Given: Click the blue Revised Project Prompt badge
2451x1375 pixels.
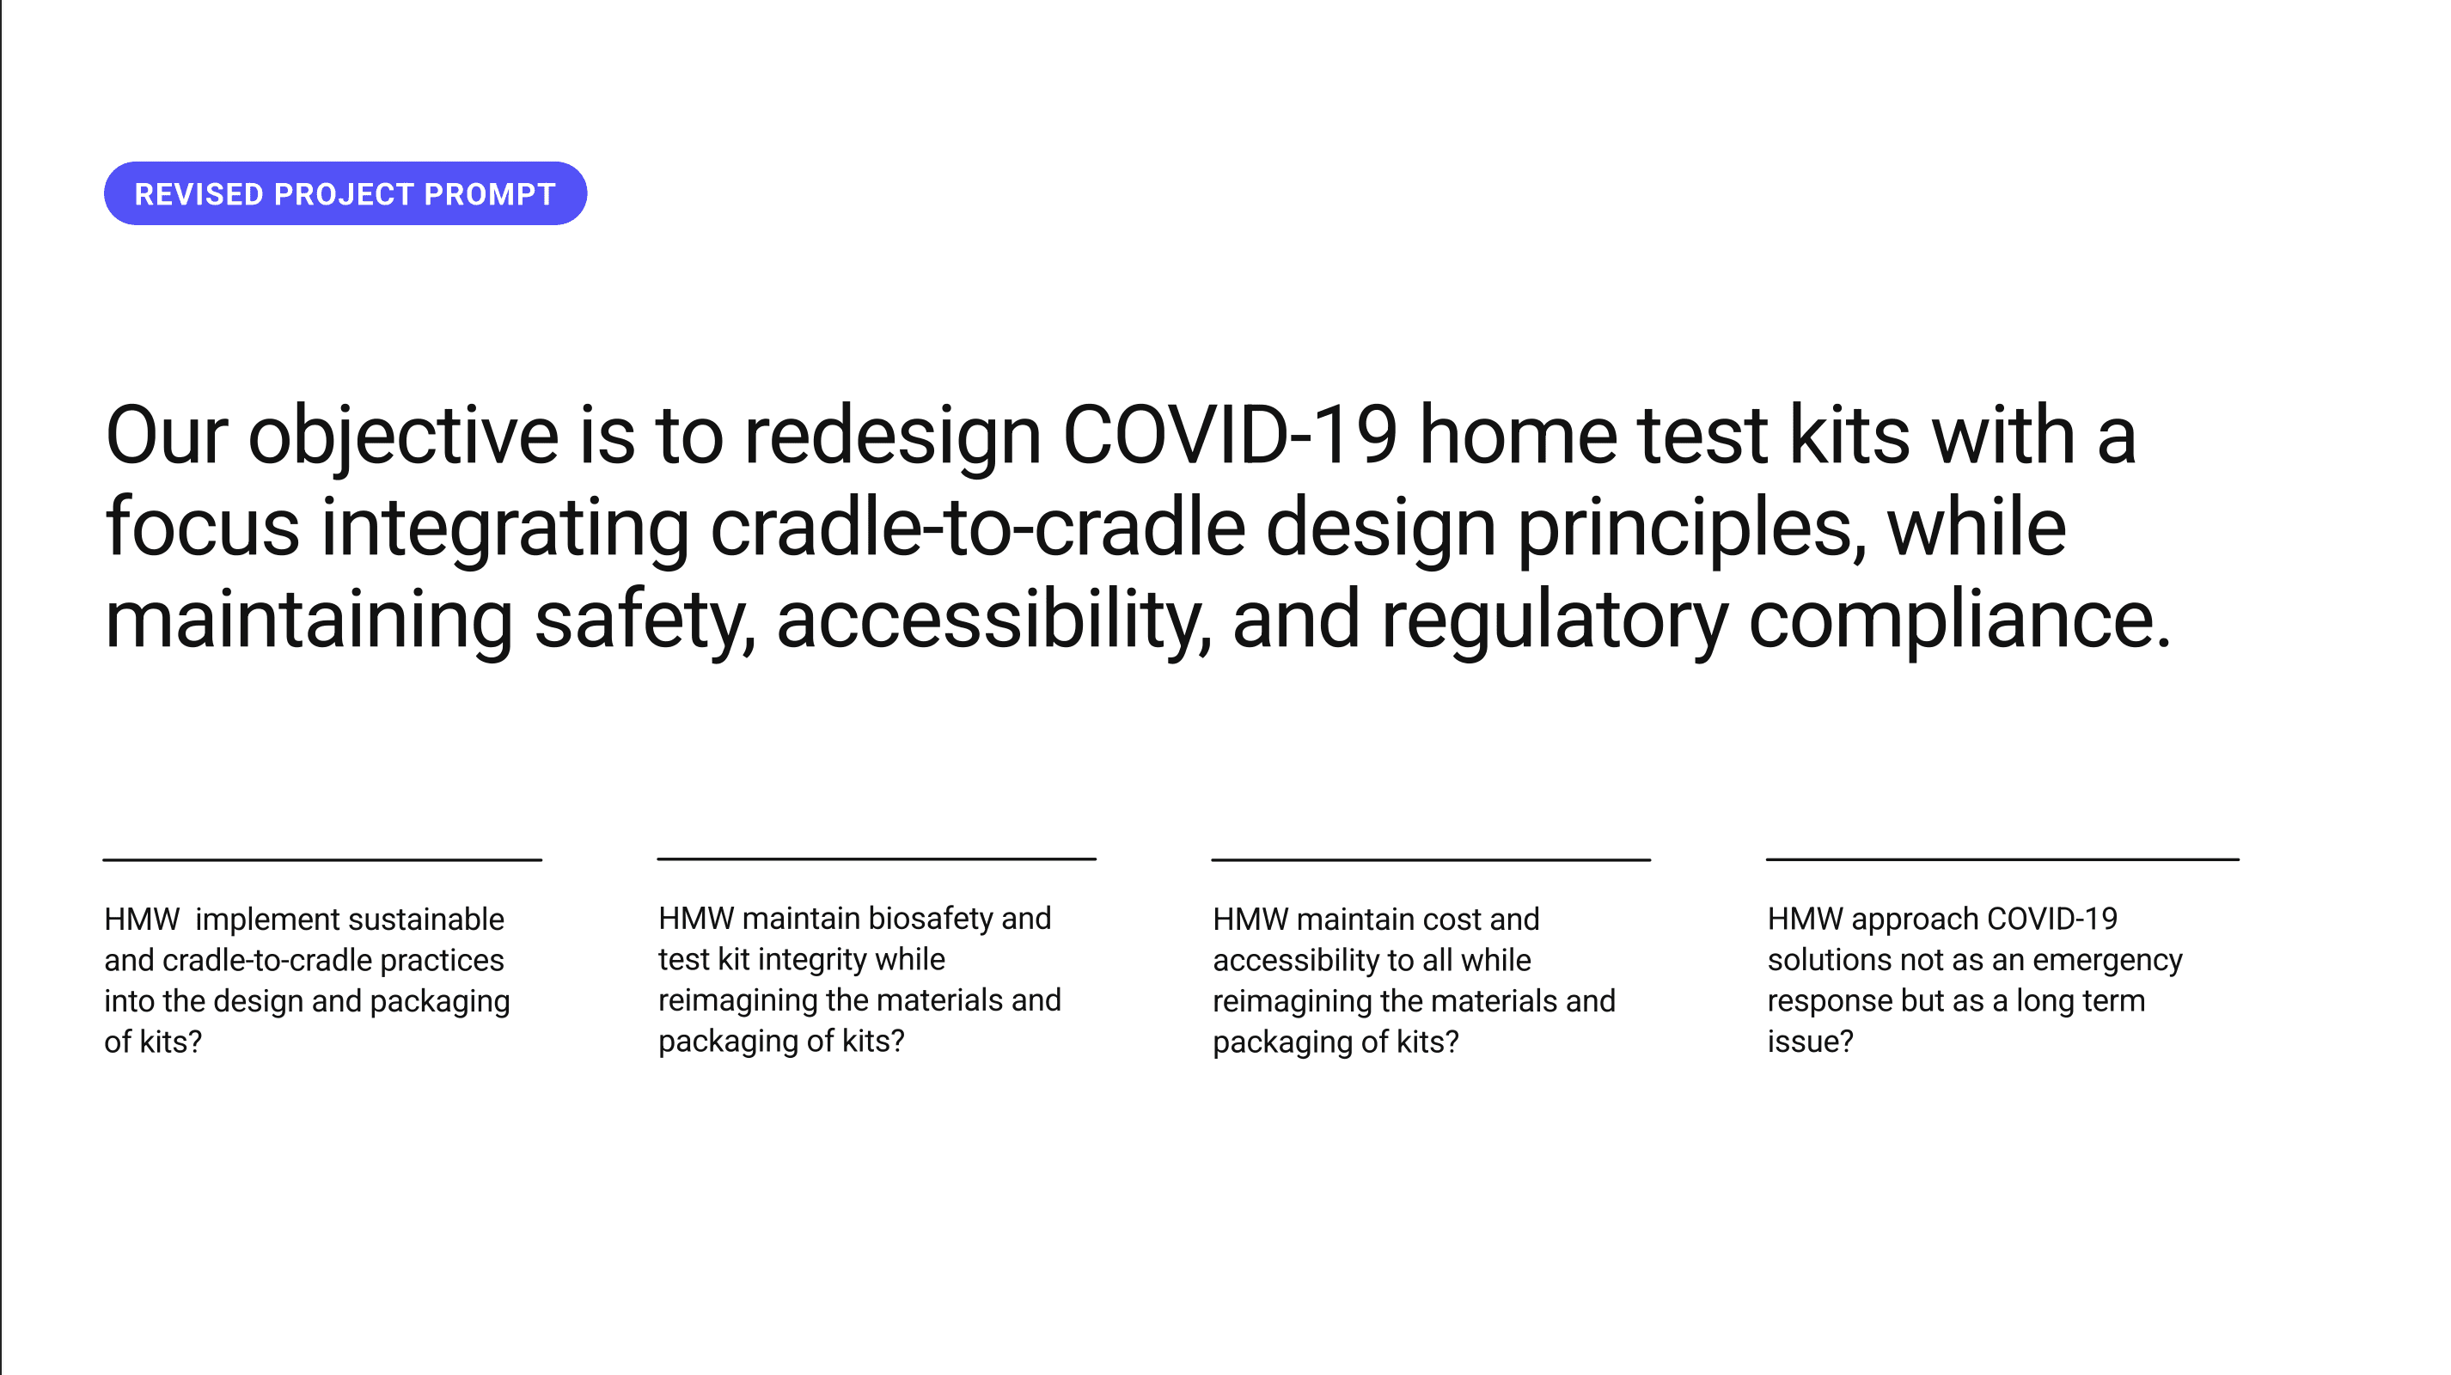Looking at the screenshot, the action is (345, 193).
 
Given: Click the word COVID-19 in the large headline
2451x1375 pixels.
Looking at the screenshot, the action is (1229, 436).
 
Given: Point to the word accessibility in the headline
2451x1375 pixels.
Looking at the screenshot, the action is (994, 620).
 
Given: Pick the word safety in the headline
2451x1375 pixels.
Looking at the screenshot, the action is (645, 620).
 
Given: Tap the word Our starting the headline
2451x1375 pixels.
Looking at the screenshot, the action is (167, 436).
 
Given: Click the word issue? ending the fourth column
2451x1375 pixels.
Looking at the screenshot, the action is (1811, 1041).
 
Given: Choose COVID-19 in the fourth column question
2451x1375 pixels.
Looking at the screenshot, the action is (2052, 920).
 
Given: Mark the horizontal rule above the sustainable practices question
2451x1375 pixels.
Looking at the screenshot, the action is (322, 860).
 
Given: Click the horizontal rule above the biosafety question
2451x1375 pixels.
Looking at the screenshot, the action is (877, 859).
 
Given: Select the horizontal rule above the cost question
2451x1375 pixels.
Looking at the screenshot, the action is (1431, 860).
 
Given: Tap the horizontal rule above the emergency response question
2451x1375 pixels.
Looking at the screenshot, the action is (2003, 859).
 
